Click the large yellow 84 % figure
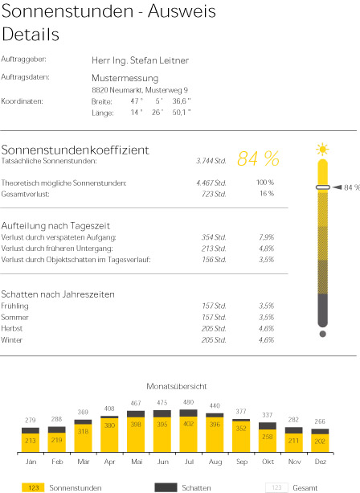[258, 158]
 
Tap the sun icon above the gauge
[322, 149]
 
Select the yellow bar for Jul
[189, 434]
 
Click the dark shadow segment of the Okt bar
[268, 425]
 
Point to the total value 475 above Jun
[162, 403]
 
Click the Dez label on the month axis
[321, 462]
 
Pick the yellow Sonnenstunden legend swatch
[33, 487]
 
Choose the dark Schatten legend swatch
[166, 487]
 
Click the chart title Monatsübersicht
[177, 386]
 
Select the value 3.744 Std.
[211, 161]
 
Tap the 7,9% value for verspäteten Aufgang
[267, 237]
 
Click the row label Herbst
[11, 329]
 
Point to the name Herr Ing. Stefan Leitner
[140, 60]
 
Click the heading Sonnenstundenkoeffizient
[75, 150]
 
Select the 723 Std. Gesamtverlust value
[214, 194]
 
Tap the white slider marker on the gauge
[322, 187]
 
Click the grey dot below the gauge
[322, 334]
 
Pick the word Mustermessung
[125, 78]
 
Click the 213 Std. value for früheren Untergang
[214, 249]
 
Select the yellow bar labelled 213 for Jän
[31, 443]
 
